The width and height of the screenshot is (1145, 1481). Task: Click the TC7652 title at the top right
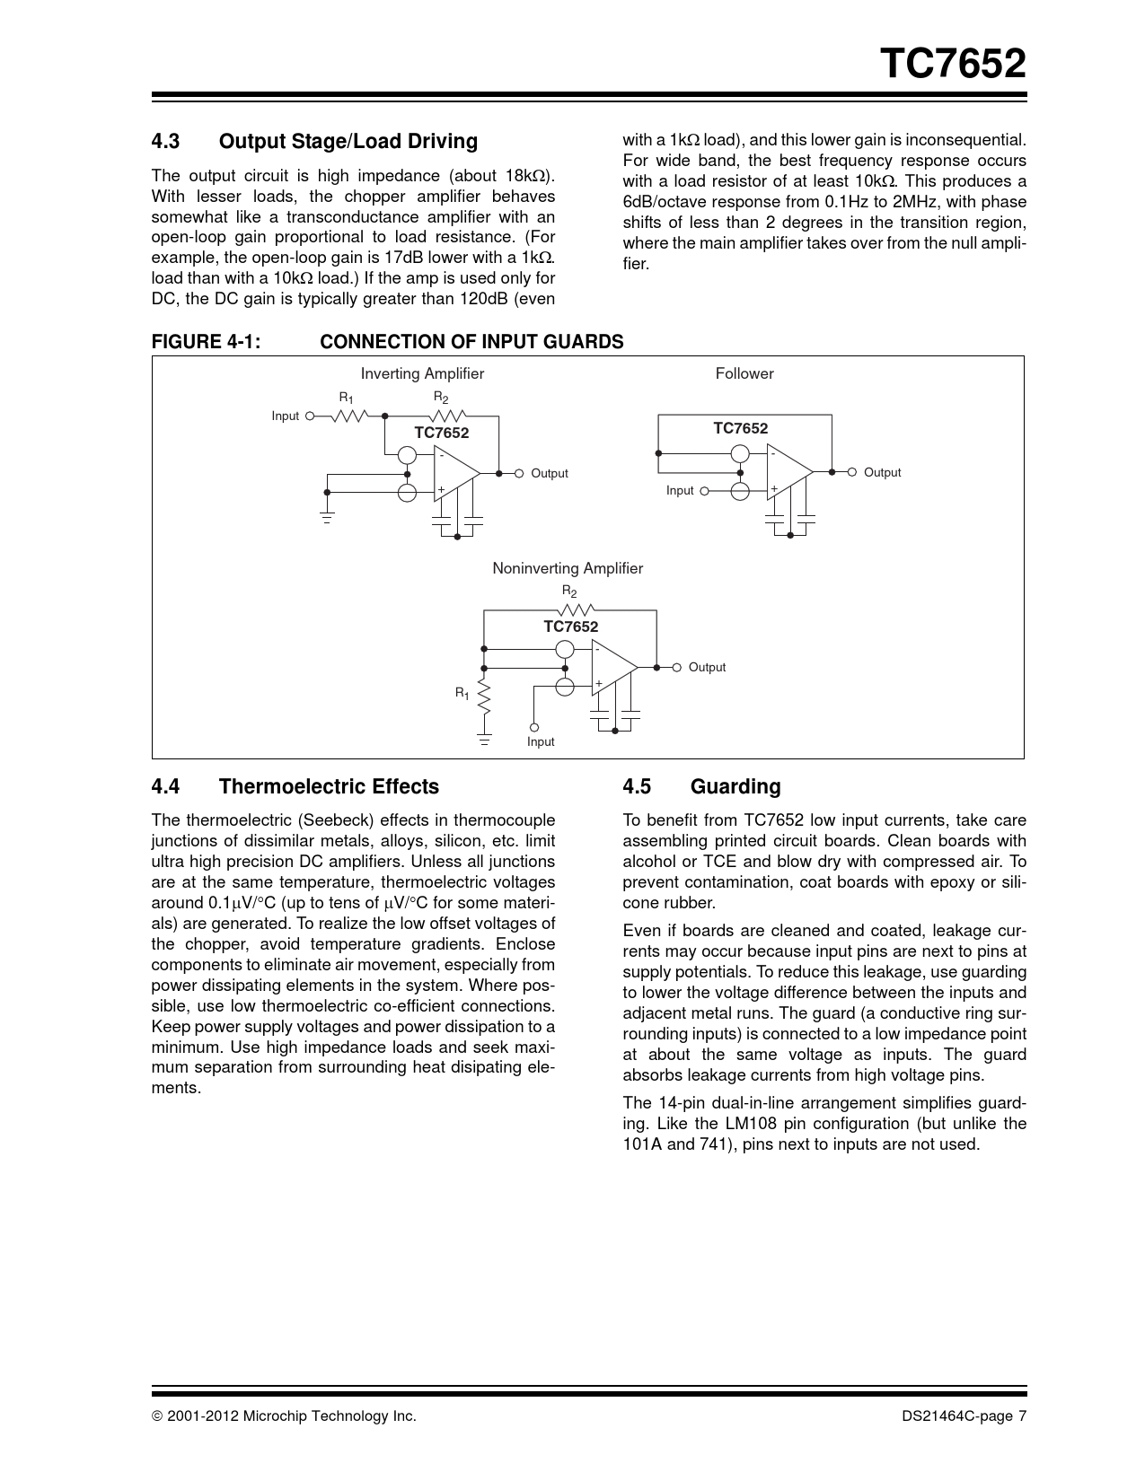tap(951, 64)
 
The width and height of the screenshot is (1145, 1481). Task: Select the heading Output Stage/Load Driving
tap(348, 141)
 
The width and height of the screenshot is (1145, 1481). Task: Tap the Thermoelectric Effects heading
tap(329, 786)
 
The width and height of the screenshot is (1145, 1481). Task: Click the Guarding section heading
tap(735, 786)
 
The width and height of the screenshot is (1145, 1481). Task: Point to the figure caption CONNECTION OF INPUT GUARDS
tap(471, 342)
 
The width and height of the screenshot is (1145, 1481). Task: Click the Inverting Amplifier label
tap(422, 373)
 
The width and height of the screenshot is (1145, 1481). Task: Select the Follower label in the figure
tap(744, 373)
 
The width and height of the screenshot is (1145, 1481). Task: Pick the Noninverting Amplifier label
tap(568, 568)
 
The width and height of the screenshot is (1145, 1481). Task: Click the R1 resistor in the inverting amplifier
tap(350, 416)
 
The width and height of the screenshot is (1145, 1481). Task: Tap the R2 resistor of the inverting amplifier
tap(446, 416)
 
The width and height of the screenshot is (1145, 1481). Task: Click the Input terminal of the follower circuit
tap(704, 491)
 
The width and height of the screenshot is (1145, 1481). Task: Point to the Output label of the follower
tap(882, 472)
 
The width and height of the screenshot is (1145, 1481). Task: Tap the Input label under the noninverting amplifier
tap(541, 741)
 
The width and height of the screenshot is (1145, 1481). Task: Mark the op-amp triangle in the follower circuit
tap(788, 472)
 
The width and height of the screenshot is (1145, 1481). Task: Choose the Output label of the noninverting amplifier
tap(707, 667)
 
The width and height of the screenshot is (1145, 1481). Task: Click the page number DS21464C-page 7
tap(964, 1416)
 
